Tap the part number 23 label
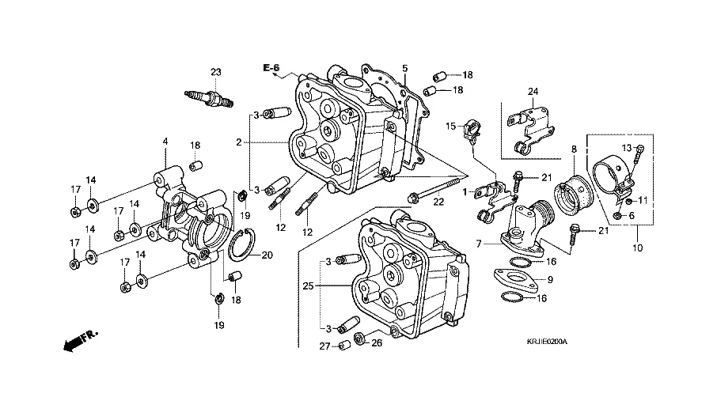click(214, 73)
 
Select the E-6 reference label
click(271, 67)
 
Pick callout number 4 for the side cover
click(165, 142)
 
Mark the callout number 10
click(638, 247)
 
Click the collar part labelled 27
click(344, 346)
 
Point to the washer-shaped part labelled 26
click(360, 340)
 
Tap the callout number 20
click(267, 255)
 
